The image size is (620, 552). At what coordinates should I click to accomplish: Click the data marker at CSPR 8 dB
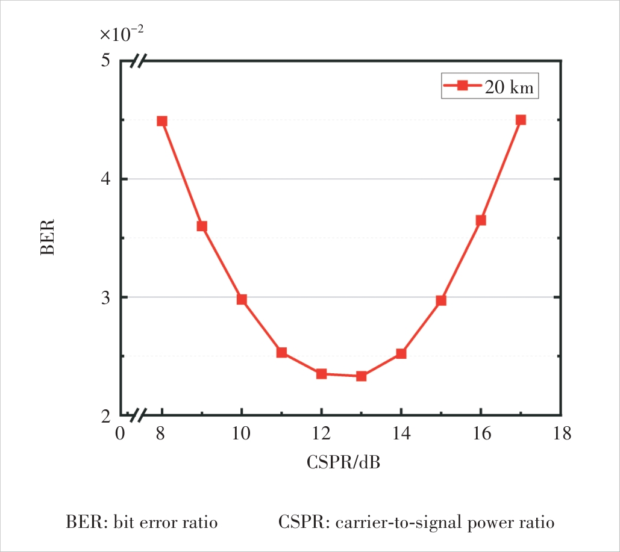pyautogui.click(x=161, y=121)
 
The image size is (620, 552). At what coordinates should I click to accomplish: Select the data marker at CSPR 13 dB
pyautogui.click(x=361, y=376)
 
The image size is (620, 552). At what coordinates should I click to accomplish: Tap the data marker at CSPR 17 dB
pyautogui.click(x=521, y=120)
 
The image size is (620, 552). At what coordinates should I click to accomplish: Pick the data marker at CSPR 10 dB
pyautogui.click(x=242, y=299)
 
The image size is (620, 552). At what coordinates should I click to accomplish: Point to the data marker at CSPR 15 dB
pyautogui.click(x=441, y=300)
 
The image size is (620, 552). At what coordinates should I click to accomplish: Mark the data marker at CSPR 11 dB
pyautogui.click(x=281, y=352)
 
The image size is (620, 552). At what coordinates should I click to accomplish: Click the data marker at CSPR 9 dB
pyautogui.click(x=202, y=226)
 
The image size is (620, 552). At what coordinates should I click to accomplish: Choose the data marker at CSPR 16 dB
pyautogui.click(x=481, y=220)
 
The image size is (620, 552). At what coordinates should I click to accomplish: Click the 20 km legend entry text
pyautogui.click(x=510, y=87)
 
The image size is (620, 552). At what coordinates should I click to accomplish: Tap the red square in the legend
pyautogui.click(x=462, y=86)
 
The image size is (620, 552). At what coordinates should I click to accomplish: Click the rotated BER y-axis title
pyautogui.click(x=48, y=237)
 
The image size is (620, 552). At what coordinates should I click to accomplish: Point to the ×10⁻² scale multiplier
pyautogui.click(x=122, y=34)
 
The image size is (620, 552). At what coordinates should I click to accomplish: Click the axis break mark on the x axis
pyautogui.click(x=140, y=415)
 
